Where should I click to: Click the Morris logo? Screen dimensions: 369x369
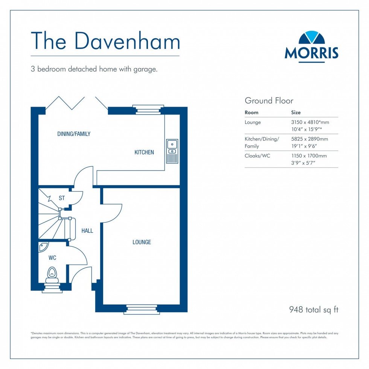pyautogui.click(x=311, y=46)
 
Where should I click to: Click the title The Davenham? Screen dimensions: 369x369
pyautogui.click(x=105, y=41)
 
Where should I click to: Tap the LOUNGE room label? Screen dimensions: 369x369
pyautogui.click(x=142, y=242)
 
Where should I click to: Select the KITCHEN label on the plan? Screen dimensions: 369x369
pyautogui.click(x=144, y=152)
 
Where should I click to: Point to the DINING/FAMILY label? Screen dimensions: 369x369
pyautogui.click(x=74, y=134)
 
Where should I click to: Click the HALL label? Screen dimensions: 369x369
pyautogui.click(x=87, y=231)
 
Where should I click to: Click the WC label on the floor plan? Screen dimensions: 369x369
pyautogui.click(x=52, y=258)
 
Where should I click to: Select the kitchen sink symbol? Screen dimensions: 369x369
pyautogui.click(x=172, y=151)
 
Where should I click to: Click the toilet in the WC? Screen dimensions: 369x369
pyautogui.click(x=52, y=275)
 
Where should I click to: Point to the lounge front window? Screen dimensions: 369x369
pyautogui.click(x=142, y=309)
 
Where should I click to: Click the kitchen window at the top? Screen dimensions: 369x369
pyautogui.click(x=148, y=109)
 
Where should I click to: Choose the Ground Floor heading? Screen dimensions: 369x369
pyautogui.click(x=269, y=101)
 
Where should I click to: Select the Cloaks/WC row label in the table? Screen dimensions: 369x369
pyautogui.click(x=257, y=156)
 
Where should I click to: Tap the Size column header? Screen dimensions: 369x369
pyautogui.click(x=296, y=112)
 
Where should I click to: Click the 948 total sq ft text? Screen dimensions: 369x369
pyautogui.click(x=314, y=310)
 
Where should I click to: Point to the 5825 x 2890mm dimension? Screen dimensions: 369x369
pyautogui.click(x=310, y=139)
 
